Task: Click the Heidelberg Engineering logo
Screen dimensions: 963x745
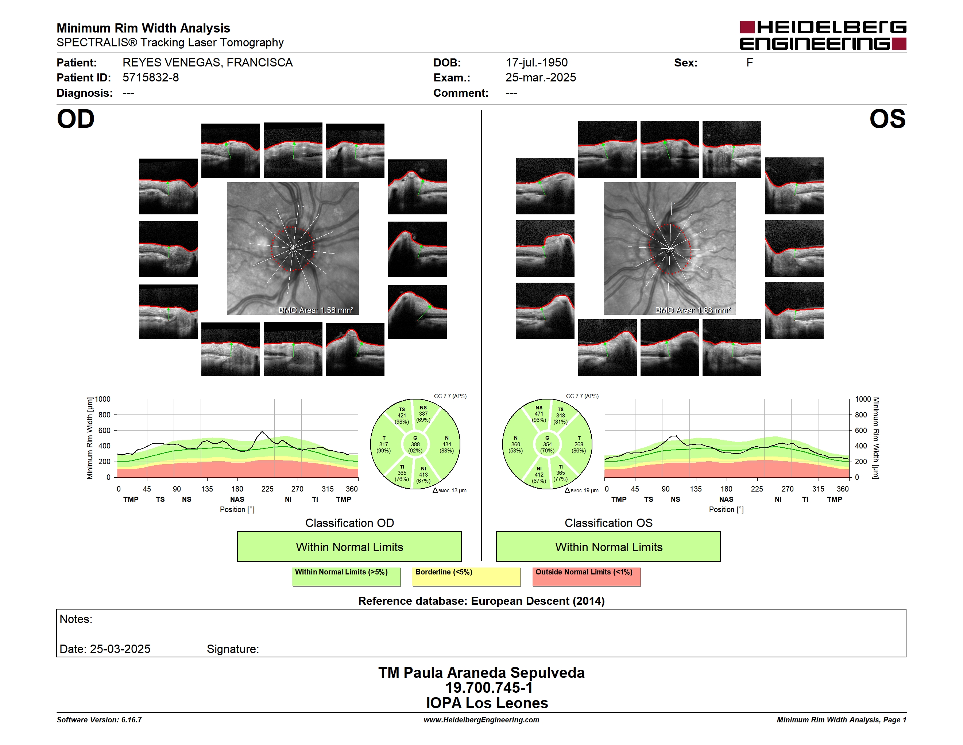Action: pos(823,35)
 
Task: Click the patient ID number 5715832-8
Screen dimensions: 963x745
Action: pos(150,78)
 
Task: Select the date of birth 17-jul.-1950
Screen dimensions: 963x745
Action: pos(536,63)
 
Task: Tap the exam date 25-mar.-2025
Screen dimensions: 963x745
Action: pos(541,78)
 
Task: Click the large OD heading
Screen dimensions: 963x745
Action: pos(76,119)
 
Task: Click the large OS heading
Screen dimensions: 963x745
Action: pos(887,119)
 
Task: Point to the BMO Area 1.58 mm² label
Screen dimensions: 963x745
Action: pos(316,310)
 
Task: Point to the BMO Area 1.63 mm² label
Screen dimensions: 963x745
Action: pos(693,310)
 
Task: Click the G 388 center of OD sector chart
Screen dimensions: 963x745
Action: pos(415,444)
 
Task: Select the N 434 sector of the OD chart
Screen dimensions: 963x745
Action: pos(446,444)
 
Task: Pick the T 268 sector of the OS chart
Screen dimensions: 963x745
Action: pos(578,444)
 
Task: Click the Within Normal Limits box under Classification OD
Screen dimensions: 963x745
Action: pos(349,546)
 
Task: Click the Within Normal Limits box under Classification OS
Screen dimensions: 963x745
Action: pos(608,546)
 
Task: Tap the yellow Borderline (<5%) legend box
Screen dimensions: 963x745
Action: pos(467,576)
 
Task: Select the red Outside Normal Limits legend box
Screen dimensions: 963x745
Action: pos(587,576)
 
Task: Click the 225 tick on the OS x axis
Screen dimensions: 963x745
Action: pos(757,489)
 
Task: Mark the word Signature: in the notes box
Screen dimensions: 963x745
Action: pos(233,649)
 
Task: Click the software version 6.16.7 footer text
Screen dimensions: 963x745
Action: pos(99,720)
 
